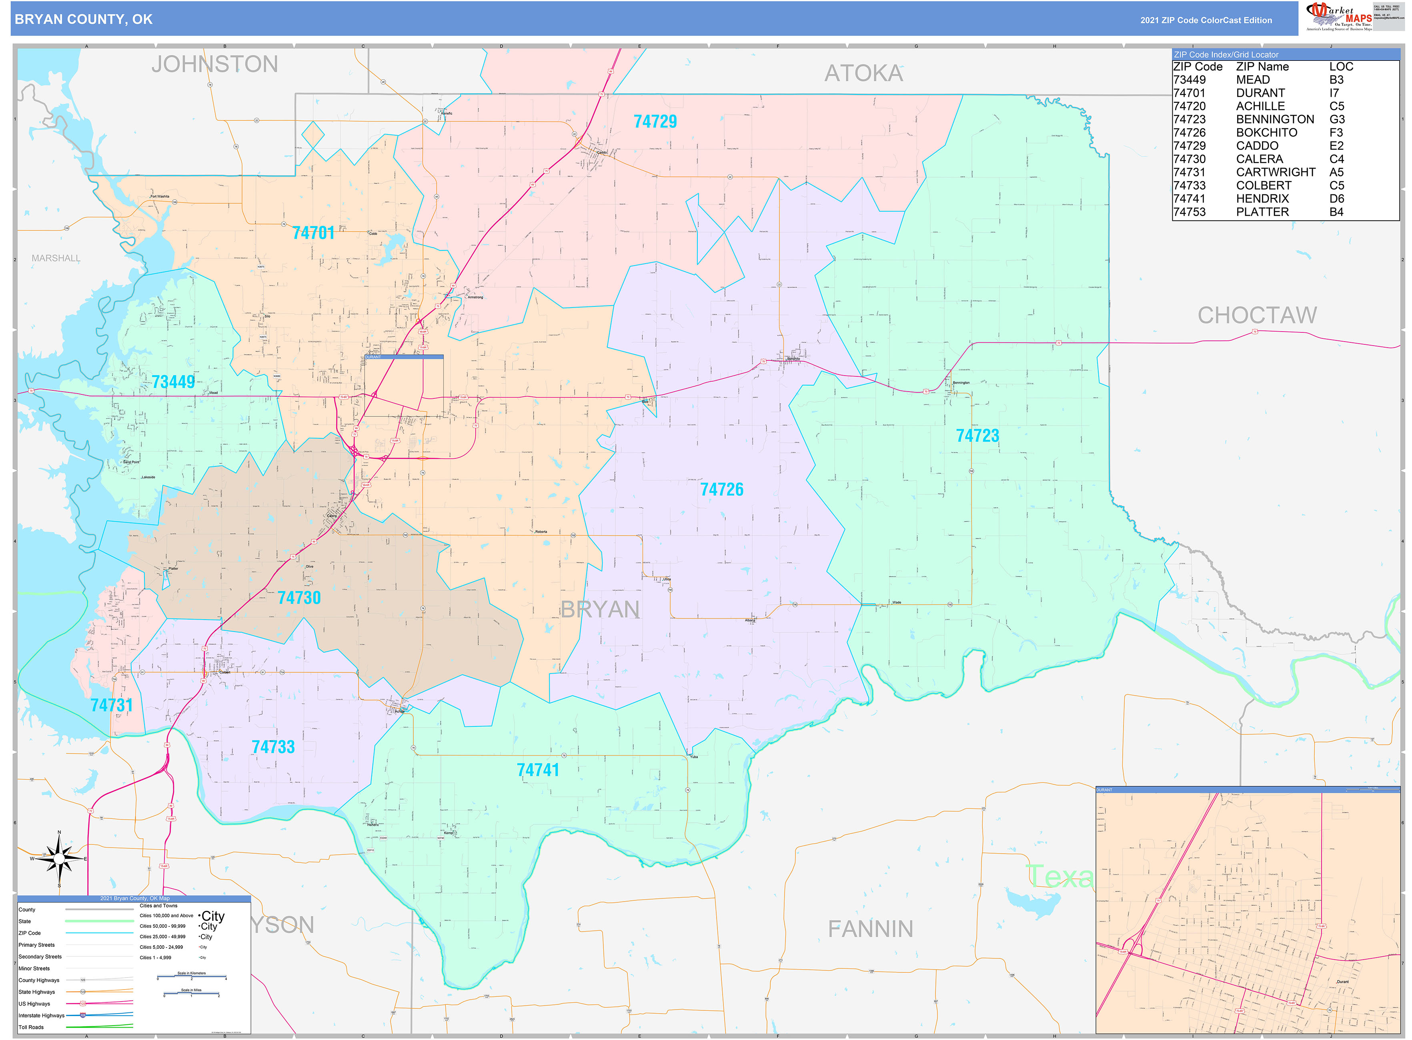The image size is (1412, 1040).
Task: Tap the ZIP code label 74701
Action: click(313, 233)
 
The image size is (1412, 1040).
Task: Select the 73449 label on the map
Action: click(173, 382)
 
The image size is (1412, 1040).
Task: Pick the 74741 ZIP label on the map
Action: click(537, 770)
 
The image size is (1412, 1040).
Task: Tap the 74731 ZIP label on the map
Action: click(112, 705)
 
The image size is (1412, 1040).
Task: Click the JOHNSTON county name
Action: click(214, 64)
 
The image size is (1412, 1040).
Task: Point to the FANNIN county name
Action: click(870, 928)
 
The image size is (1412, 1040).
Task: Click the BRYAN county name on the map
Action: click(599, 609)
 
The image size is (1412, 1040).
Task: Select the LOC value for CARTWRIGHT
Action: click(1336, 172)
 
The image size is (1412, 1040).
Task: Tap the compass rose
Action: click(59, 858)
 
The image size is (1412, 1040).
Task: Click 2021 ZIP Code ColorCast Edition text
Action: click(1206, 20)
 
